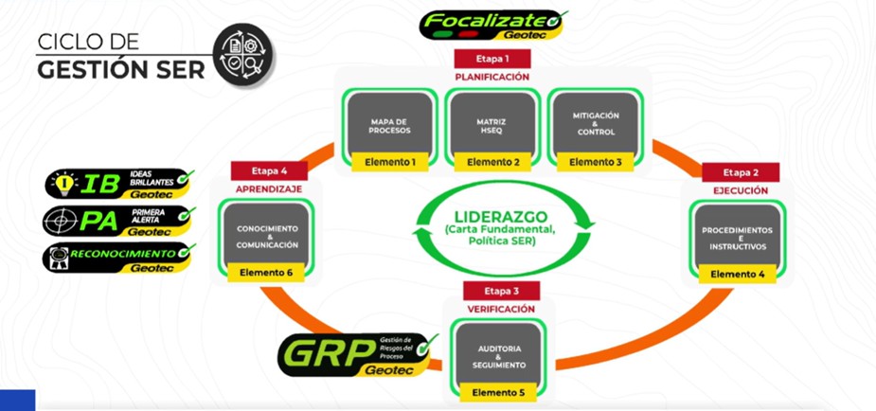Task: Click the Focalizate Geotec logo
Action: pos(492,23)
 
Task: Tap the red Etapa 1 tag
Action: pos(491,58)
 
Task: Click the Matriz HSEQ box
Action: pos(492,124)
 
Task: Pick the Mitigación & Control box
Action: pos(596,124)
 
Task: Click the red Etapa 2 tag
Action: pos(741,172)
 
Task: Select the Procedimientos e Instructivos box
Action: pos(738,238)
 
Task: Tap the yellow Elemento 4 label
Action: pos(738,275)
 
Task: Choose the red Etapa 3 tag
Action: pos(501,291)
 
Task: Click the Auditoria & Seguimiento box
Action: pos(499,354)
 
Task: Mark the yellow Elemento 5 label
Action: pos(499,391)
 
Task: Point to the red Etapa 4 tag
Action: pos(269,171)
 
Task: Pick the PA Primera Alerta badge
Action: pos(119,221)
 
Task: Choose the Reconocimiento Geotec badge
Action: pos(119,257)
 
